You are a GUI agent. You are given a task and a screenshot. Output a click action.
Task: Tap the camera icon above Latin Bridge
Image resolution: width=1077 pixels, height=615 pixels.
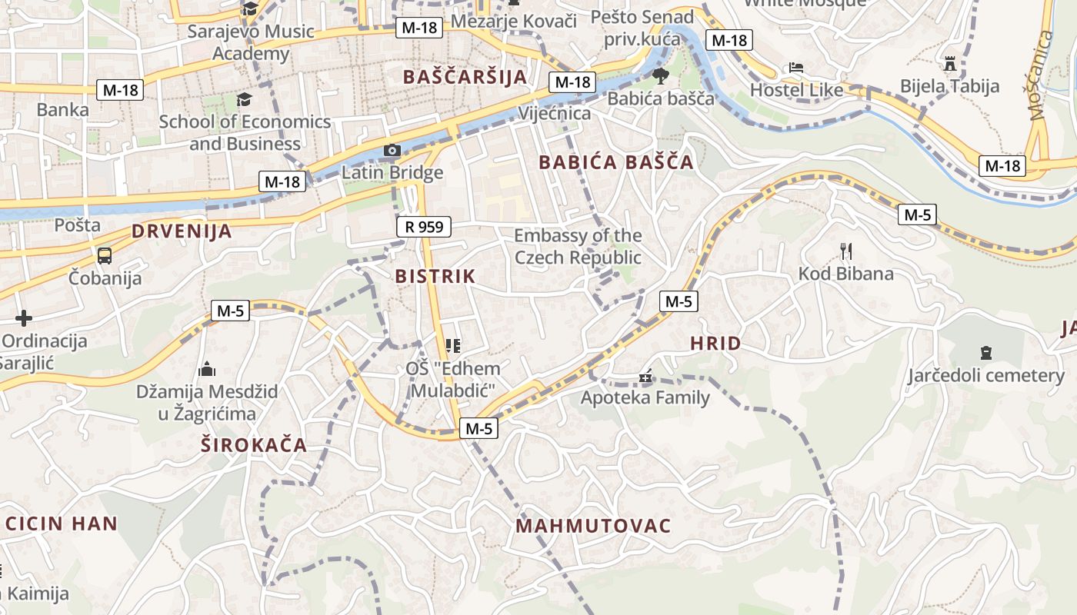[x=392, y=150]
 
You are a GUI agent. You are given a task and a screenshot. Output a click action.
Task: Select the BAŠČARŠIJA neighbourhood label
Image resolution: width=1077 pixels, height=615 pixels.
[x=465, y=77]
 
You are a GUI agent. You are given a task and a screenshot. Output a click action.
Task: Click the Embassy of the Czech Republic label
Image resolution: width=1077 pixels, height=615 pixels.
[x=578, y=246]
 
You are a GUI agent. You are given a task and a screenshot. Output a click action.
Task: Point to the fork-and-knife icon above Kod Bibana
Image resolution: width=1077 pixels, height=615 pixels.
[x=846, y=251]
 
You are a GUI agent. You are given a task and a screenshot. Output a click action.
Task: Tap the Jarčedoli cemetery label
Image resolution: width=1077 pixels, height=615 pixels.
[x=986, y=375]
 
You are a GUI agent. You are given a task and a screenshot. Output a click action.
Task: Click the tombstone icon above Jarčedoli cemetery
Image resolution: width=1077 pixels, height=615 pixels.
[x=986, y=353]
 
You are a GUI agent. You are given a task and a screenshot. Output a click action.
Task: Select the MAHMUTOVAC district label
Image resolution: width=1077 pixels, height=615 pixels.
[x=593, y=527]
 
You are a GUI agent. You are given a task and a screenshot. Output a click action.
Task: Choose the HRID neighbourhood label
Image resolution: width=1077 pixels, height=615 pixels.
[x=715, y=344]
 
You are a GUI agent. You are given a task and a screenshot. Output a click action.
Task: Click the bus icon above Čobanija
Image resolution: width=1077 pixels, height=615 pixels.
[x=105, y=256]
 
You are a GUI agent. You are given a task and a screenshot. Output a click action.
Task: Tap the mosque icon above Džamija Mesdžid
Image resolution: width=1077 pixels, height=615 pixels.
[x=206, y=370]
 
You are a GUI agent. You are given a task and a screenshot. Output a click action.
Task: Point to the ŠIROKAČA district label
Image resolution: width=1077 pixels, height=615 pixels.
[x=254, y=445]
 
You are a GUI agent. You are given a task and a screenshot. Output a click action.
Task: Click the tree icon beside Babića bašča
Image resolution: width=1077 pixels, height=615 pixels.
[x=660, y=75]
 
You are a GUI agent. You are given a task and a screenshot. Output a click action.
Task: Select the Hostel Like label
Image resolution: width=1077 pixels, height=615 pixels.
[x=796, y=90]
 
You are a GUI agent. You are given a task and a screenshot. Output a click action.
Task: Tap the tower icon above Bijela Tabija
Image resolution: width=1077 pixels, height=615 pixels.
[x=950, y=62]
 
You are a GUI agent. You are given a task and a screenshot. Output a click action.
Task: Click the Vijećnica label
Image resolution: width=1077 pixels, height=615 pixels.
[x=555, y=114]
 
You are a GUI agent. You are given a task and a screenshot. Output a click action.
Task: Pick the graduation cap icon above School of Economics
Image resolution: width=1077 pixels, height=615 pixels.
[x=244, y=99]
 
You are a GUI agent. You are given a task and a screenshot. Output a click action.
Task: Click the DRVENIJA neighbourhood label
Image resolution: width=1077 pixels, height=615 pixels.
[x=182, y=231]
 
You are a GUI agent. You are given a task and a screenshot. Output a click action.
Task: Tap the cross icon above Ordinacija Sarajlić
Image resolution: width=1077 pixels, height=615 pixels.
[x=24, y=317]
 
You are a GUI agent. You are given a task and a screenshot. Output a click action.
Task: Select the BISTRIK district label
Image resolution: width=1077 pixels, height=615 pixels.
[x=435, y=277]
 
